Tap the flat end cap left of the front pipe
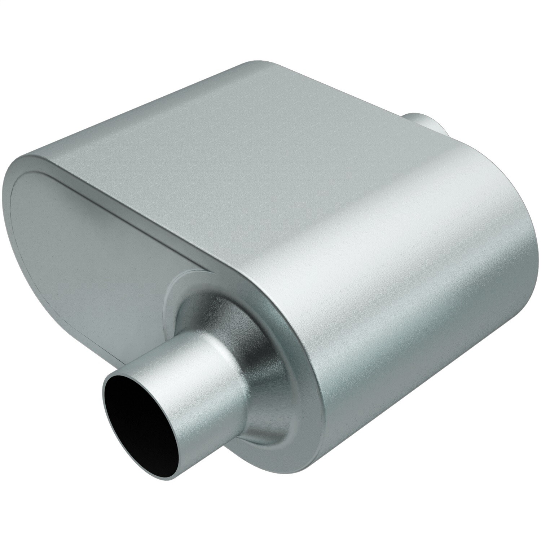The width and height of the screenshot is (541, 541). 90,234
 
